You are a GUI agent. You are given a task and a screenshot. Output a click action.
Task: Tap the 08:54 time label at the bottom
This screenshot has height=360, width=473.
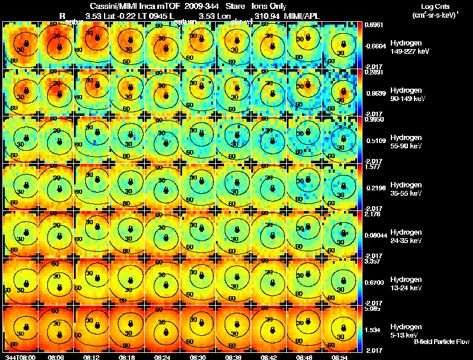(339, 357)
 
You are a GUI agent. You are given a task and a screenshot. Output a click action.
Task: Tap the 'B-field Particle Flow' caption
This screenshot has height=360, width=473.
(441, 342)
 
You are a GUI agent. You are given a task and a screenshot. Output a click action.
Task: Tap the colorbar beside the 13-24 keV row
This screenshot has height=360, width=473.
(361, 281)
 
